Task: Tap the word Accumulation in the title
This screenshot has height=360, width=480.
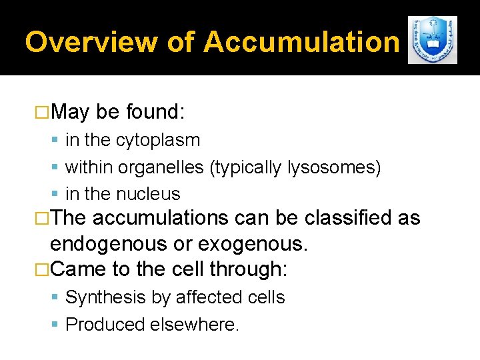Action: click(301, 42)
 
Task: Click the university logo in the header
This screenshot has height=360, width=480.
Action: click(432, 40)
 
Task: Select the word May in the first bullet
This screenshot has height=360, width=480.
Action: click(69, 112)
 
